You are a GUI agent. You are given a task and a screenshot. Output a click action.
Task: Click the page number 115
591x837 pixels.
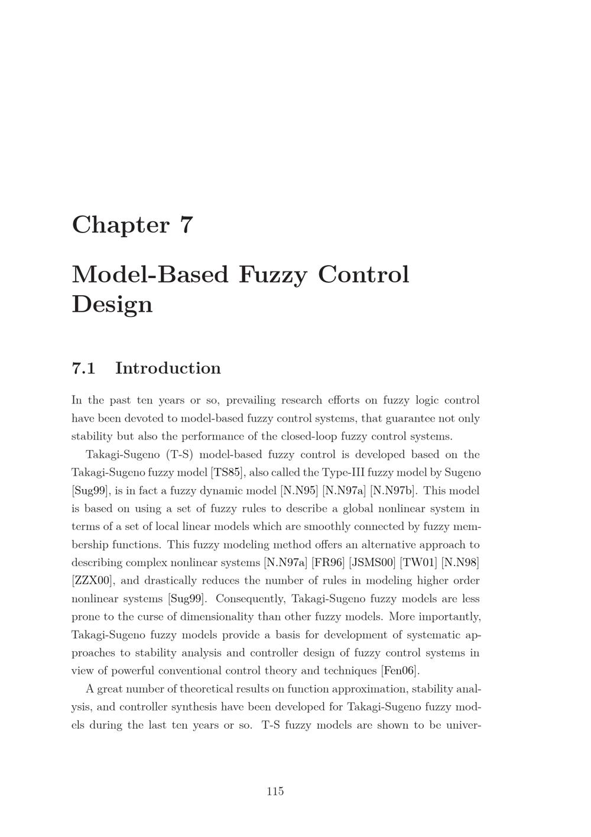(275, 791)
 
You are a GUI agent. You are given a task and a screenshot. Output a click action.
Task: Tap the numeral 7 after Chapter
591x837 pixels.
(186, 225)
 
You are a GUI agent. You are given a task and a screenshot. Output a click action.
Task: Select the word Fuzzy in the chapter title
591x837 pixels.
(273, 275)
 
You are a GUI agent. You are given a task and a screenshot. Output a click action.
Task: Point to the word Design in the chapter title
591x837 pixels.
(112, 304)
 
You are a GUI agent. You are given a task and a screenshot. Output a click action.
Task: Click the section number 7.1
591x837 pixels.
(83, 368)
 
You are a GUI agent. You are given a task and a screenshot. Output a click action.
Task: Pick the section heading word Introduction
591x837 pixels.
(168, 368)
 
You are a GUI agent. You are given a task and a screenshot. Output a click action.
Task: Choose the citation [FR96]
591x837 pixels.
(328, 563)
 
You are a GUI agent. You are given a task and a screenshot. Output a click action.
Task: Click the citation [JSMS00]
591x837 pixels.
(372, 563)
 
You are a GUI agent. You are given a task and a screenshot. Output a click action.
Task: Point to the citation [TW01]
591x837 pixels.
(418, 563)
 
